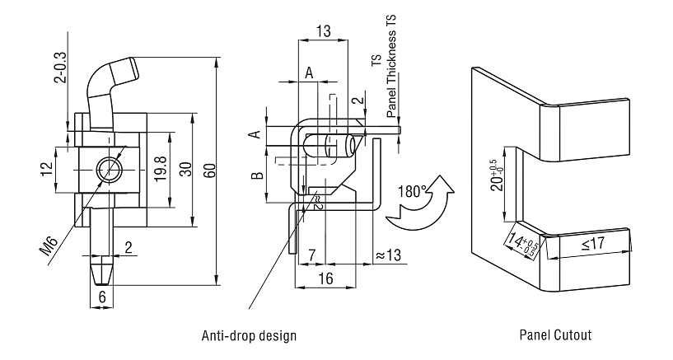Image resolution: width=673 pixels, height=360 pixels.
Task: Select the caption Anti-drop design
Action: click(x=249, y=335)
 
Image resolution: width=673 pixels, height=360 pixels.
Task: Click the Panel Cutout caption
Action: click(x=554, y=335)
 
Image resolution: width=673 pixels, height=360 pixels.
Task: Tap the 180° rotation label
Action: click(x=410, y=191)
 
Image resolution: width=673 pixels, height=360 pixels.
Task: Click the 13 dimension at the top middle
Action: click(x=324, y=31)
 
